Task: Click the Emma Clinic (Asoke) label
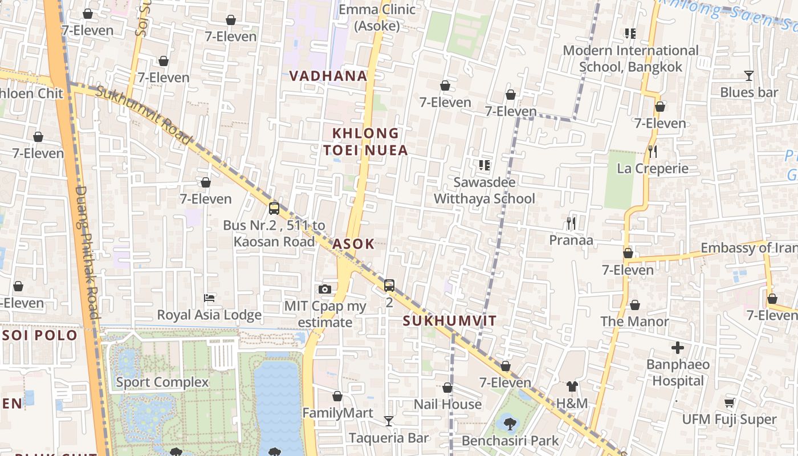(x=377, y=18)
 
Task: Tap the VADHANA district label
(x=328, y=76)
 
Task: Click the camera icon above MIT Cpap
(x=325, y=290)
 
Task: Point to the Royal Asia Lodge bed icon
(x=209, y=298)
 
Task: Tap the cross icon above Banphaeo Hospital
(x=678, y=348)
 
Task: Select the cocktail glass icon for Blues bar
(x=748, y=76)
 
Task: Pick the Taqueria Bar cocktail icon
(x=389, y=421)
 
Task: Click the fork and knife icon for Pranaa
(x=571, y=223)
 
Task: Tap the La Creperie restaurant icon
(x=653, y=152)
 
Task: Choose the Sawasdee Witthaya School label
(x=484, y=190)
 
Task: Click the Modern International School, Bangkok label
(x=630, y=59)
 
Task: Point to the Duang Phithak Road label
(x=87, y=251)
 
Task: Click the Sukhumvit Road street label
(x=143, y=115)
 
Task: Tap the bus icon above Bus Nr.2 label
(x=274, y=208)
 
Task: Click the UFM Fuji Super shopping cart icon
(x=729, y=403)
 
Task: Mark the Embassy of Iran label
(x=748, y=248)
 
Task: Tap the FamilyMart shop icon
(x=337, y=396)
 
